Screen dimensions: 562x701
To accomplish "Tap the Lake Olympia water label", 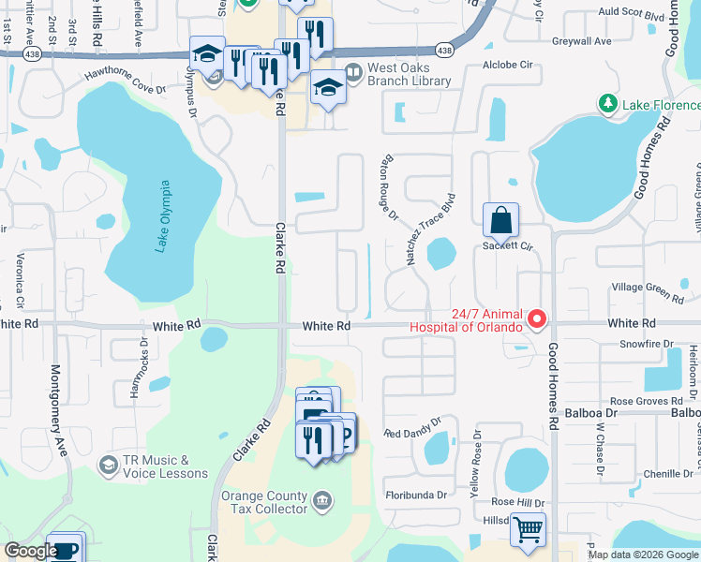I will (x=164, y=216).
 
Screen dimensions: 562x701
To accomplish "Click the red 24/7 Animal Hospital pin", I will (x=537, y=320).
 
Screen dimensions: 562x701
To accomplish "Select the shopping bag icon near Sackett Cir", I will (x=501, y=221).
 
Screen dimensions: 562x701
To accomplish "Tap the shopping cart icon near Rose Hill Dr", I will (x=528, y=531).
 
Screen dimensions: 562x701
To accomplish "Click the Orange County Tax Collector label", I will (x=264, y=502).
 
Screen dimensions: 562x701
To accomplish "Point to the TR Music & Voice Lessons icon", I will (x=108, y=466).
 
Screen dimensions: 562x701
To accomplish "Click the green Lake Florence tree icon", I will (x=609, y=103).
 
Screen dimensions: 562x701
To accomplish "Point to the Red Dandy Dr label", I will (x=411, y=429).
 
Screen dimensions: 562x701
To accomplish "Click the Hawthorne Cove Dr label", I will (x=125, y=85).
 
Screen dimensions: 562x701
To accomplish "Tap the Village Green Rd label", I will (x=647, y=292).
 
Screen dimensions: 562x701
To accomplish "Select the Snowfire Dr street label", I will (x=648, y=345).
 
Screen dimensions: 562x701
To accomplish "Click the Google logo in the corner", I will (x=31, y=551).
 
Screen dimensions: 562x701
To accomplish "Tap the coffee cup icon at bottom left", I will (x=66, y=549).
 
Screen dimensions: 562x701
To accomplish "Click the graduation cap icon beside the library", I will (x=328, y=88).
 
